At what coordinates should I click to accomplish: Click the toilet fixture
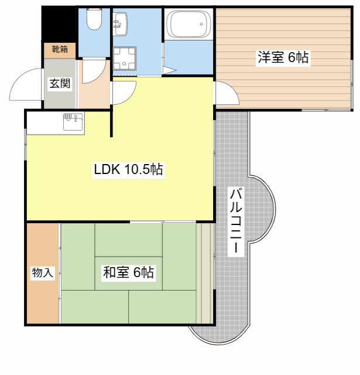point(94,19)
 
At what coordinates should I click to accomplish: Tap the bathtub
point(188,24)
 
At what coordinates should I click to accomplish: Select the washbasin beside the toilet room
point(120,24)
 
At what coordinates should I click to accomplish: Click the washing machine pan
point(125,59)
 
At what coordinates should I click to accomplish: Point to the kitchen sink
point(74,122)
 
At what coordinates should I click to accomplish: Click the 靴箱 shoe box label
point(60,49)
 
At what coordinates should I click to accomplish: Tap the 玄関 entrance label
point(60,83)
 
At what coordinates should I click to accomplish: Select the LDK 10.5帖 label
point(129,169)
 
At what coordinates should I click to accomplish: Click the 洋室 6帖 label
point(283,57)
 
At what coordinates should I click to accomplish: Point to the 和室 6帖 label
point(128,272)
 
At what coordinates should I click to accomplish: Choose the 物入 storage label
point(43,272)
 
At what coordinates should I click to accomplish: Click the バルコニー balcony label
point(236,221)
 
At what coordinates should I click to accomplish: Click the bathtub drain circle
point(201,24)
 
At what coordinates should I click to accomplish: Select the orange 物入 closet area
point(43,274)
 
